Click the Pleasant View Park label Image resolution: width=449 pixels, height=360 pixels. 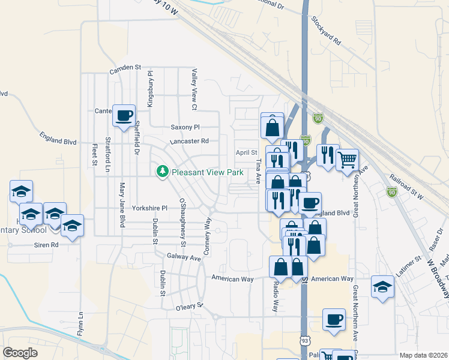coord(207,172)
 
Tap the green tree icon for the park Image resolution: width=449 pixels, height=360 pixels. coord(161,172)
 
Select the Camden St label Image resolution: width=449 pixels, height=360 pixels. coord(125,70)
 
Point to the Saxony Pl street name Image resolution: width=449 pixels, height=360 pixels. coord(185,127)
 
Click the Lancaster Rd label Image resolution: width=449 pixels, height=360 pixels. coord(188,141)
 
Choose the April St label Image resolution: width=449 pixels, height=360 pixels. coord(246,152)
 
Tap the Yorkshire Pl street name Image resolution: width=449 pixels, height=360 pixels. coord(151,208)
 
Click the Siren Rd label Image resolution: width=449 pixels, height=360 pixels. coord(46,245)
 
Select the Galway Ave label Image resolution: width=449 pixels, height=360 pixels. coord(183,256)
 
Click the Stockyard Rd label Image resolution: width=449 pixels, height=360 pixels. coord(326,31)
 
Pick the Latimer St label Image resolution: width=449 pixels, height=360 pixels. coord(410,262)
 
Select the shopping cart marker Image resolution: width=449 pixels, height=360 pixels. coord(348,160)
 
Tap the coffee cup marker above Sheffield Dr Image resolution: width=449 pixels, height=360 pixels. coord(124,115)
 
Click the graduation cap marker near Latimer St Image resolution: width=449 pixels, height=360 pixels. coord(382,287)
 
